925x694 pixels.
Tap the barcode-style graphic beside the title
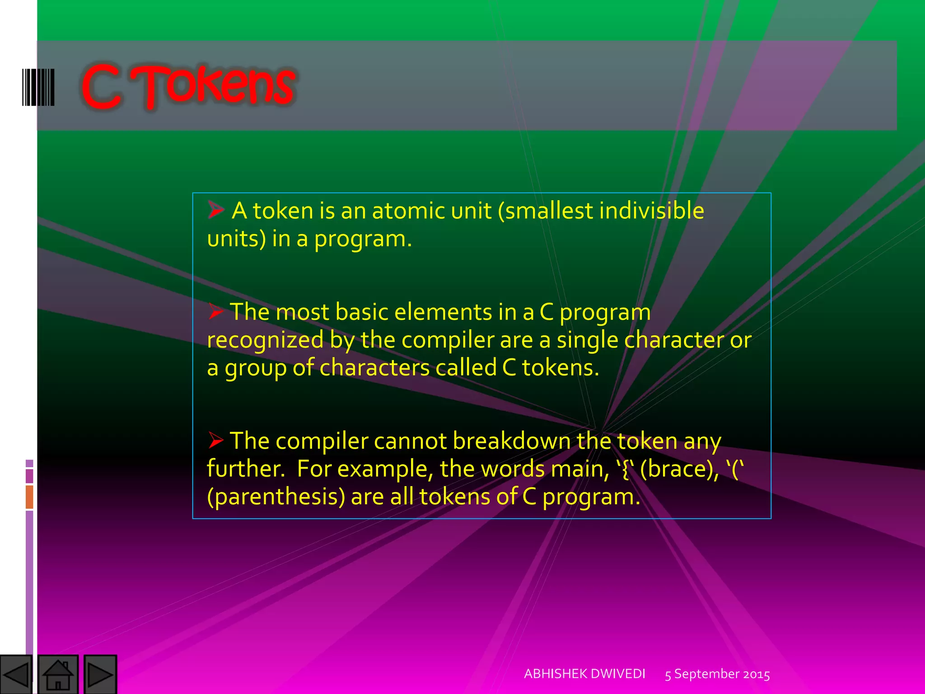[38, 87]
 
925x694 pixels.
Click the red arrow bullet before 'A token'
[216, 210]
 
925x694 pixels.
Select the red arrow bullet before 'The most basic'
[216, 311]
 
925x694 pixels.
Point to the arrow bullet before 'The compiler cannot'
[216, 440]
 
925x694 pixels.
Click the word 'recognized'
[265, 340]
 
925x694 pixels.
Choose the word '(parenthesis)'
[276, 497]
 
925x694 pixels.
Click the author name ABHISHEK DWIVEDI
[584, 674]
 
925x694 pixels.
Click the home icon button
[58, 675]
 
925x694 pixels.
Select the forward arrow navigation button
[100, 675]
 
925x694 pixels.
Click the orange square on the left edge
[29, 497]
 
